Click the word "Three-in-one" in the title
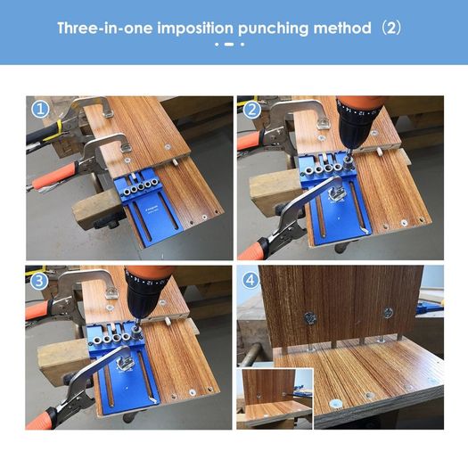[x=105, y=29]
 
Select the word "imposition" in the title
[x=195, y=29]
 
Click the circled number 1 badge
[x=40, y=110]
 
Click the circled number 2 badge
[x=251, y=110]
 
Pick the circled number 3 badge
[x=39, y=281]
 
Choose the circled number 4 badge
[x=250, y=280]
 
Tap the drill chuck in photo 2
[x=354, y=127]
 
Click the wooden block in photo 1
[x=96, y=209]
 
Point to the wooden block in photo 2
[x=275, y=190]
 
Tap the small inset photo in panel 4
[x=275, y=398]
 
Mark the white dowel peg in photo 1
[x=176, y=162]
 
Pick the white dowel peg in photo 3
[x=168, y=322]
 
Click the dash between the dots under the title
[x=229, y=45]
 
